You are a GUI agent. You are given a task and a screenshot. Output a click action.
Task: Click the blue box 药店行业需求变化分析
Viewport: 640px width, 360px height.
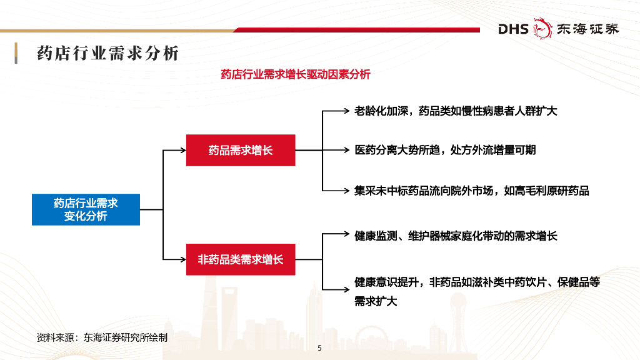(x=86, y=209)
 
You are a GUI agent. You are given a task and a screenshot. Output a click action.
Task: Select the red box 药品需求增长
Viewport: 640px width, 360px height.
(x=241, y=150)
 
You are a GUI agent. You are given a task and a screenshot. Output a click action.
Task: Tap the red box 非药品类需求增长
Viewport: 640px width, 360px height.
(x=241, y=259)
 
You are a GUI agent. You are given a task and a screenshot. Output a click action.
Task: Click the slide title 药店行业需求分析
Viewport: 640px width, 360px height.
(x=108, y=53)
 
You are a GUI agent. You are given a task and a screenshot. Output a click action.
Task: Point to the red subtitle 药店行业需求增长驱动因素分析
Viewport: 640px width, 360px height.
(x=296, y=74)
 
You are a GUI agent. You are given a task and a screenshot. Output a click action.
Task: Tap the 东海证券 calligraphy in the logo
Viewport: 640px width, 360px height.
(x=587, y=29)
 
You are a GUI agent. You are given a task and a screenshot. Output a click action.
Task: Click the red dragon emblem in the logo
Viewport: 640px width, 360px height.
(x=542, y=29)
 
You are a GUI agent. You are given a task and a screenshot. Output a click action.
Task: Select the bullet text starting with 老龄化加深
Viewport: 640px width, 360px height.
(x=456, y=111)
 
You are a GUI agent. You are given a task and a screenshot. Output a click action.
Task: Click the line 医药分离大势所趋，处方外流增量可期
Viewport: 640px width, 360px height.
(x=445, y=150)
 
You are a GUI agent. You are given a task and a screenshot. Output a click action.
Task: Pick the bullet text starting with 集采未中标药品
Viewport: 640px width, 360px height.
(x=472, y=191)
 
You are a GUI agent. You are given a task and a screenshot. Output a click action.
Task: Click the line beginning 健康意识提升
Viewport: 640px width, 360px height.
(x=477, y=282)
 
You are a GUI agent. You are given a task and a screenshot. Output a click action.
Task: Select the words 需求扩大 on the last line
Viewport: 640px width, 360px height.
(x=376, y=301)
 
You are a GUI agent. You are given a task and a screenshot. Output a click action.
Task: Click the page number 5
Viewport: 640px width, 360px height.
(x=319, y=348)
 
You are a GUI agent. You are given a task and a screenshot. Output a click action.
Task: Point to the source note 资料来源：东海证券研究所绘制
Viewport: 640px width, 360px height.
(x=102, y=337)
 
